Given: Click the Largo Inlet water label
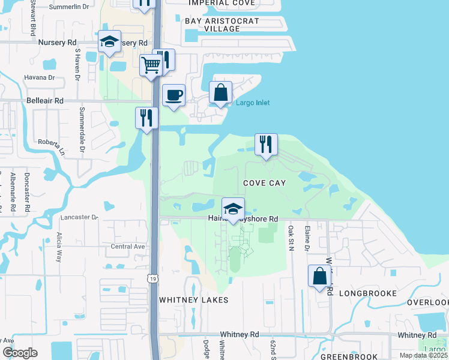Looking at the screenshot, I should (253, 103).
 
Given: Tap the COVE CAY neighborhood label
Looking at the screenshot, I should (264, 182).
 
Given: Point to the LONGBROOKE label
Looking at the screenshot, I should (368, 293).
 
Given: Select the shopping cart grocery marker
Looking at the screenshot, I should (151, 64).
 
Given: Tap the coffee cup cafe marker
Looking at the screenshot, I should (174, 95).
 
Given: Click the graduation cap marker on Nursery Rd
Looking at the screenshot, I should (109, 41).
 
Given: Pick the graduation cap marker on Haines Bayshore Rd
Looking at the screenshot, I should (233, 209).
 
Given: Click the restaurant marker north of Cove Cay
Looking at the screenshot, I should (266, 144).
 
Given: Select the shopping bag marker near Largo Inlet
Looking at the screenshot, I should (220, 92).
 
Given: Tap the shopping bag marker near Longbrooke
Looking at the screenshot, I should (319, 276).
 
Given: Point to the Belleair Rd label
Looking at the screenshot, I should (46, 102).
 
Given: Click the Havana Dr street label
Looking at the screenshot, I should (39, 77).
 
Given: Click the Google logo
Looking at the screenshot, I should (20, 353).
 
